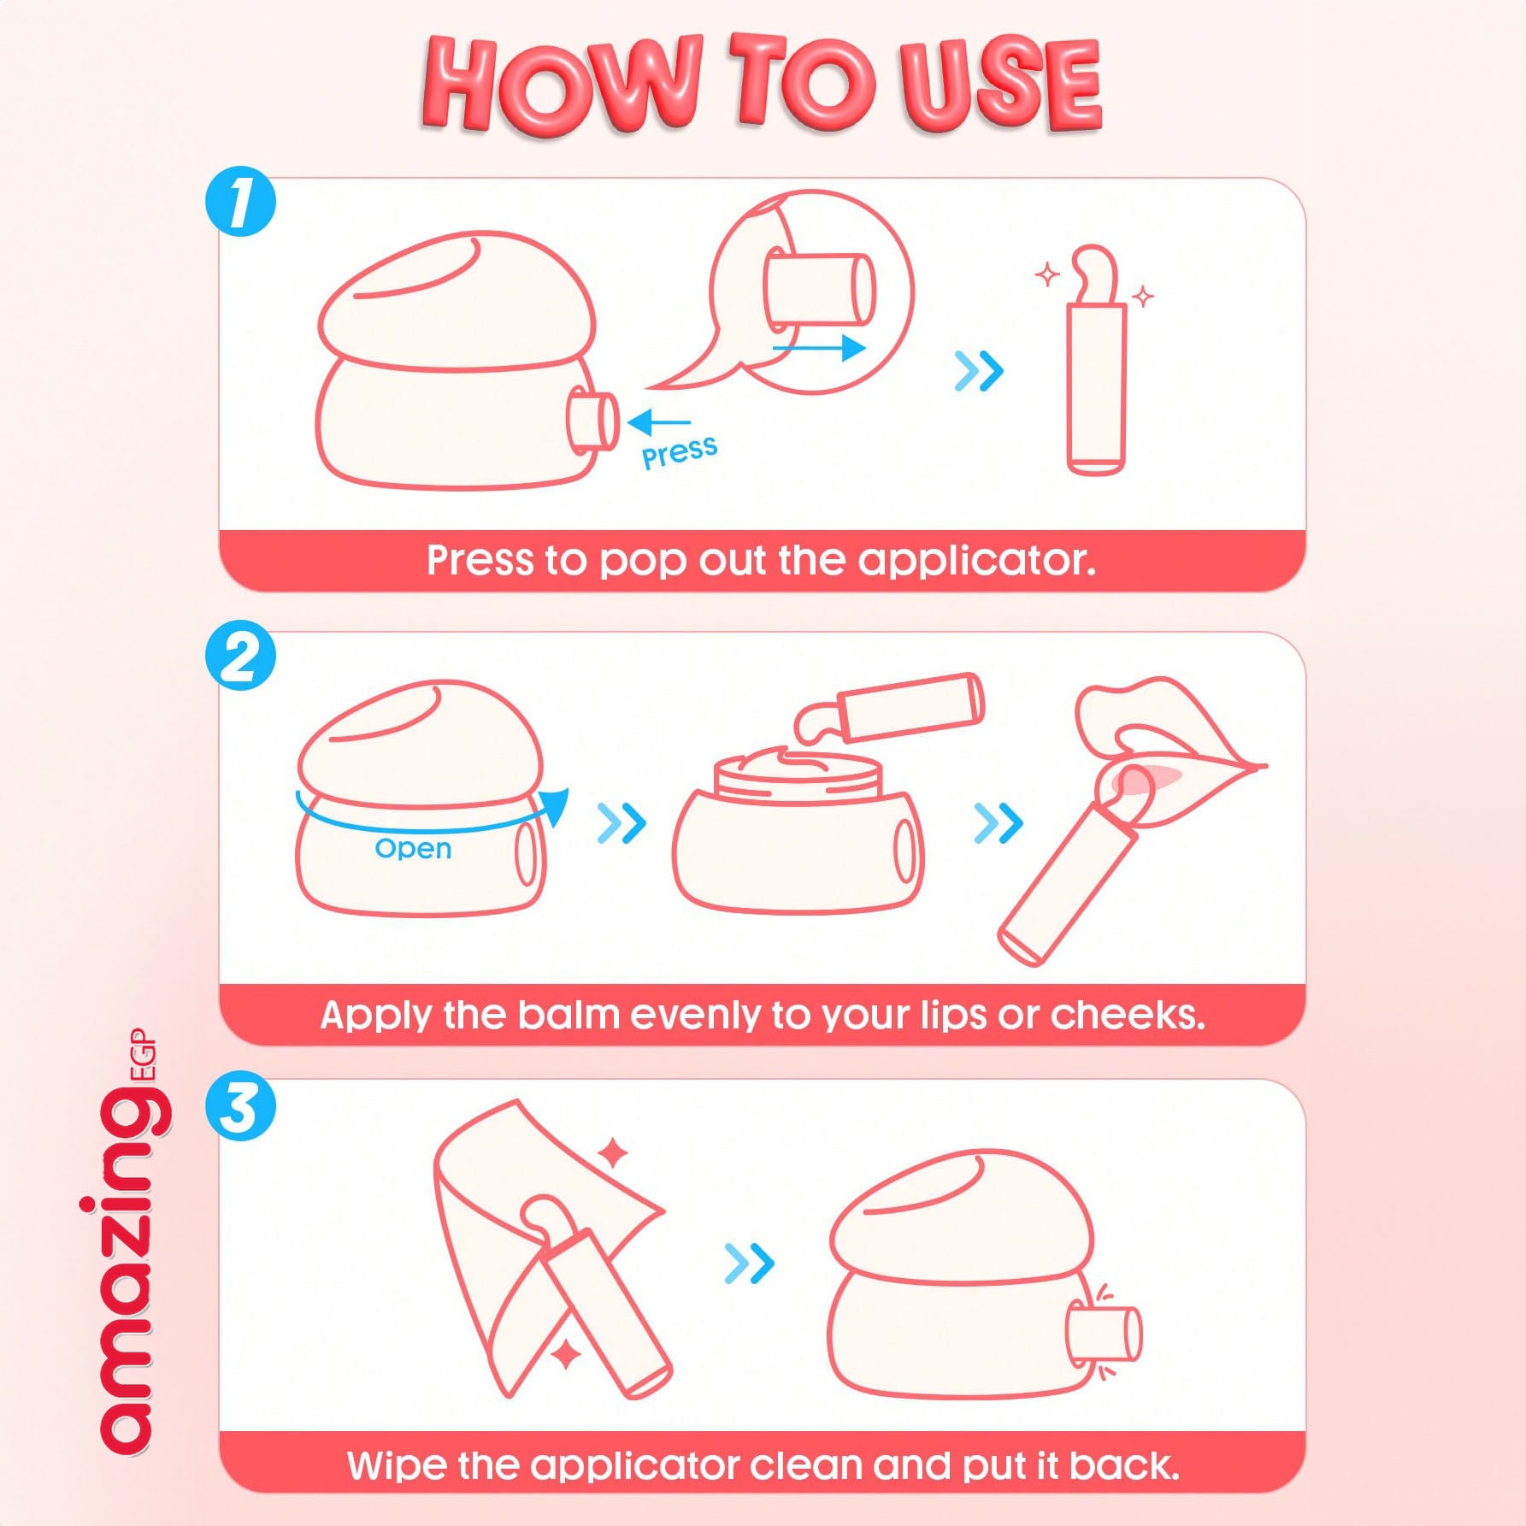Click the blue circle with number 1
[x=240, y=202]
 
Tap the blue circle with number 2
[x=240, y=656]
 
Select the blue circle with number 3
[x=240, y=1107]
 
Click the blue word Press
[x=680, y=451]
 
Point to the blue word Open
[x=413, y=848]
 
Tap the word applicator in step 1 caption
[x=975, y=562]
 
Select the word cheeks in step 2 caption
[x=1127, y=1015]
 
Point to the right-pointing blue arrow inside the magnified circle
[x=819, y=348]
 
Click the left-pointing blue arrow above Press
[x=657, y=422]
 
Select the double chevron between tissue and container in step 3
[x=749, y=1263]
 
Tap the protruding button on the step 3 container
[x=1105, y=1334]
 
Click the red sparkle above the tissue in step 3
[x=613, y=1153]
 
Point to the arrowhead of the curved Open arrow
[x=555, y=807]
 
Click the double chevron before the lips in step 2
[x=998, y=822]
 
